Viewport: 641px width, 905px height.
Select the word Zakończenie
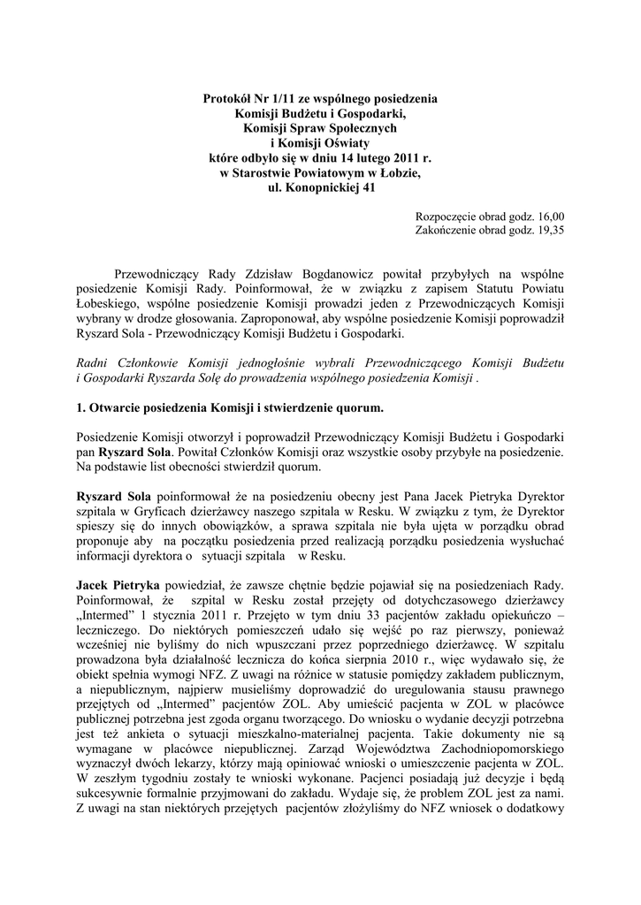tap(448, 231)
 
